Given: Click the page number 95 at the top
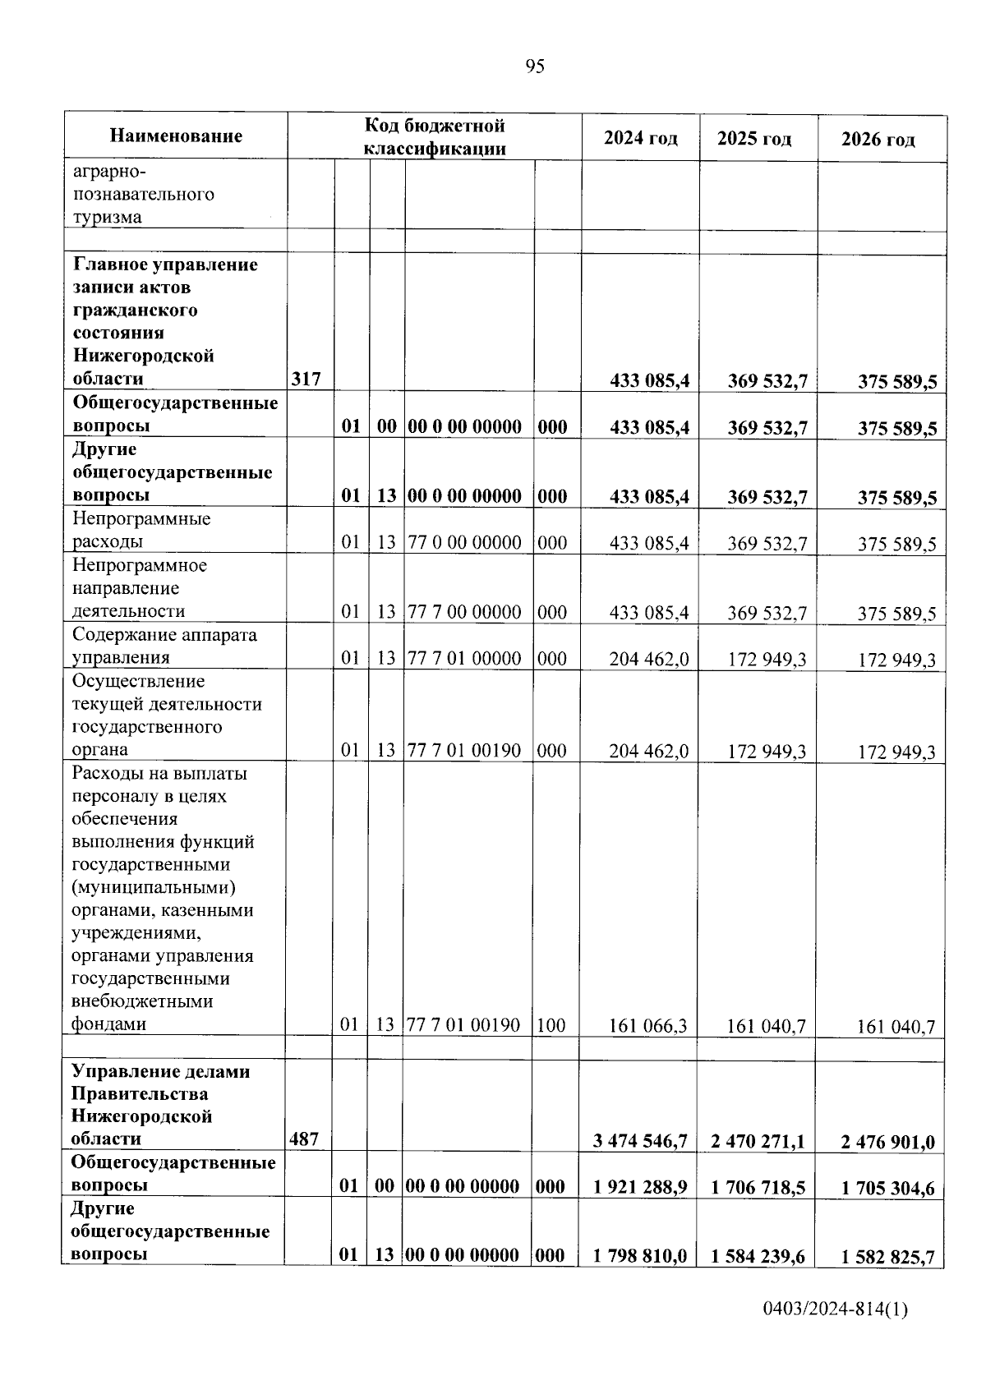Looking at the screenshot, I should [534, 67].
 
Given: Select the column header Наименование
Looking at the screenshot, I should [176, 136].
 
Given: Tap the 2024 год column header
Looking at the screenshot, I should [640, 138].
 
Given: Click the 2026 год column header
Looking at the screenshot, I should [878, 140].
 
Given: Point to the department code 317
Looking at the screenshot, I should [305, 379].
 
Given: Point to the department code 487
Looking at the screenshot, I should [304, 1139].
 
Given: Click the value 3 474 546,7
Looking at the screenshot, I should [639, 1141].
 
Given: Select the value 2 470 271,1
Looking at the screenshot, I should [758, 1141].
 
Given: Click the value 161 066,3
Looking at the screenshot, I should [647, 1025].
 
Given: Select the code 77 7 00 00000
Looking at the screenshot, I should [464, 612].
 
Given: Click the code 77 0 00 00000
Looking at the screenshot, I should [464, 542].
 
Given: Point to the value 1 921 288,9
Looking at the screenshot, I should [639, 1187].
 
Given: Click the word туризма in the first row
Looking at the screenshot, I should [107, 218].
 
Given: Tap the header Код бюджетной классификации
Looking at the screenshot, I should [435, 136].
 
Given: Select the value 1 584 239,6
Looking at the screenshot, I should [758, 1256].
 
